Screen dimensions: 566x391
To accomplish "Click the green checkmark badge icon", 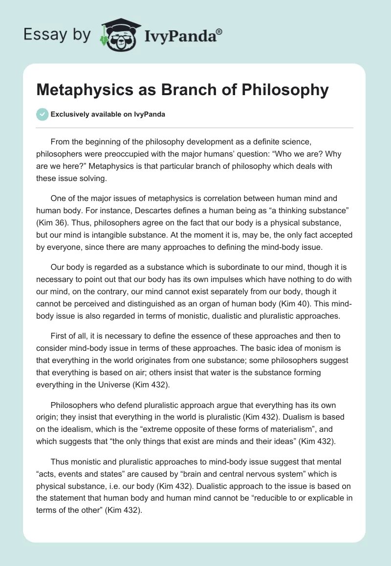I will [42, 114].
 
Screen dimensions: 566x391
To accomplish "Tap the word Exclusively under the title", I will [70, 114].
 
